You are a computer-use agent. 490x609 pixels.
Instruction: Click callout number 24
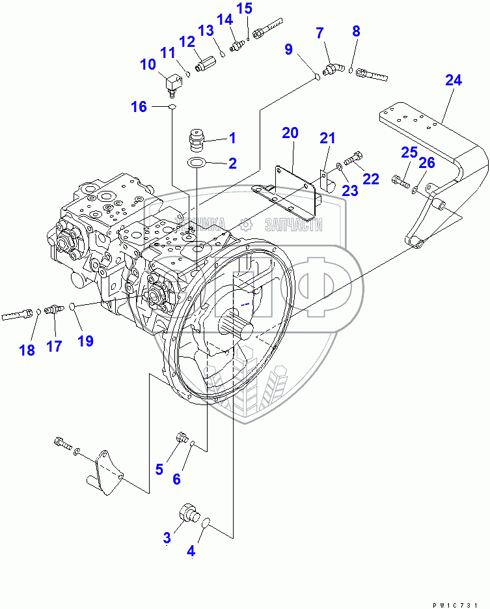tap(454, 81)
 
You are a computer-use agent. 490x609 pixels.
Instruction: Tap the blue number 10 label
tap(147, 64)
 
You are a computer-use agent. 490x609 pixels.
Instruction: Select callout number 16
tap(139, 107)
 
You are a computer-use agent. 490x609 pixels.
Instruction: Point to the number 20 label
tap(290, 134)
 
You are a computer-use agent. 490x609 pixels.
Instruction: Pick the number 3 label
tap(167, 537)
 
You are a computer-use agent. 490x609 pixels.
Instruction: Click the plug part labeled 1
tap(197, 138)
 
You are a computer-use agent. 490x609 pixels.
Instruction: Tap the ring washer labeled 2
tap(197, 163)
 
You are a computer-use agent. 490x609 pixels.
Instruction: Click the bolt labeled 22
tap(353, 158)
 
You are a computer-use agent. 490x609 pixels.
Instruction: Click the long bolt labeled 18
tap(18, 315)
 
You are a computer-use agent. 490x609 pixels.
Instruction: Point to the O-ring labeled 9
tap(317, 77)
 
